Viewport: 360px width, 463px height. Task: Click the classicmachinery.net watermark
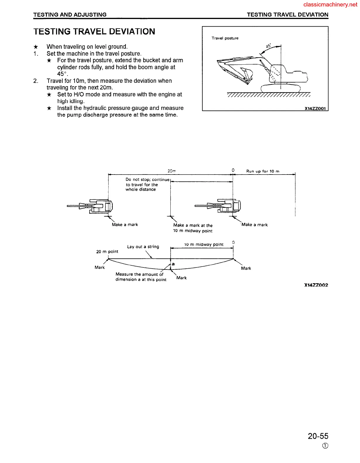[330, 4]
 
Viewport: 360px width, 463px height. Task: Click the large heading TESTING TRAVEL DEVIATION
[94, 32]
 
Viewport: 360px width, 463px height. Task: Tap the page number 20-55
[318, 436]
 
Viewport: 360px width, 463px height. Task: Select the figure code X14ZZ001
[315, 108]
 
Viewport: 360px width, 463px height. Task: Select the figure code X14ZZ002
[316, 285]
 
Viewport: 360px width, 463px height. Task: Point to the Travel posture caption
[225, 38]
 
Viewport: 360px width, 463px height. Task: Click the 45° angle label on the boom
[268, 46]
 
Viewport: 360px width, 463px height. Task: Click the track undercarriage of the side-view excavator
[280, 88]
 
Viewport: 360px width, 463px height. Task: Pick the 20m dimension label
[172, 171]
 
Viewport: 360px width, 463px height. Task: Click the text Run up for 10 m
[263, 171]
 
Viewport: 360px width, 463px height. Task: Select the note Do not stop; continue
[147, 179]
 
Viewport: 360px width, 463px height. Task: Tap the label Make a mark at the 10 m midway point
[193, 228]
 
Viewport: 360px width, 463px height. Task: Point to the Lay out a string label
[143, 247]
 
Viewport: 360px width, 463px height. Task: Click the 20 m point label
[107, 251]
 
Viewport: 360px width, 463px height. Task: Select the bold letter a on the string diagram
[173, 264]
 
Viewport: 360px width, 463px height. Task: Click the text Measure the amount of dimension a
[141, 277]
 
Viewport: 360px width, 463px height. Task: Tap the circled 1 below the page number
[325, 446]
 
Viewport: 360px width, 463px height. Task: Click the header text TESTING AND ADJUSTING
[70, 15]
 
